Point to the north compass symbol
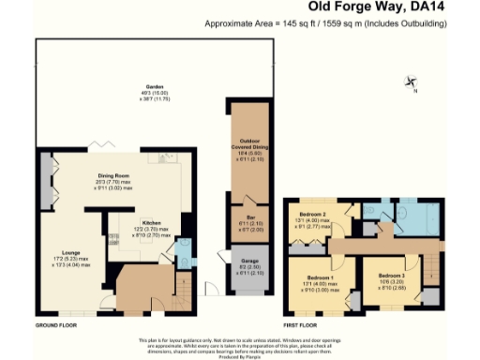click(x=411, y=82)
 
